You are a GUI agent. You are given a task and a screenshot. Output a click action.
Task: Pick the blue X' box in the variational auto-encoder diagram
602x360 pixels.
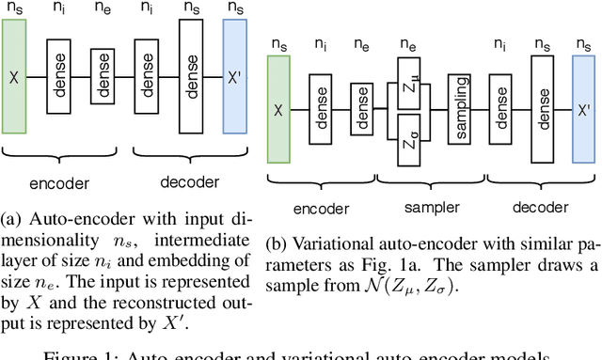coord(583,111)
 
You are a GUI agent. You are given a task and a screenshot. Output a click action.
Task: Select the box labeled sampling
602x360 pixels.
coord(460,110)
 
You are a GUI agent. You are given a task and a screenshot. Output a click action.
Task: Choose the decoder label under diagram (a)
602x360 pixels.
coord(188,182)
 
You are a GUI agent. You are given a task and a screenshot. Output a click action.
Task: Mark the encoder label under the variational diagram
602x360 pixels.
coord(321,208)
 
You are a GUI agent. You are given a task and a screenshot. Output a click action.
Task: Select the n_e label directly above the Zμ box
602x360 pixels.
coord(408,44)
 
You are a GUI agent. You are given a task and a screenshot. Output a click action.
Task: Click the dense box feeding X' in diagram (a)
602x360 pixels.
coord(191,73)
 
